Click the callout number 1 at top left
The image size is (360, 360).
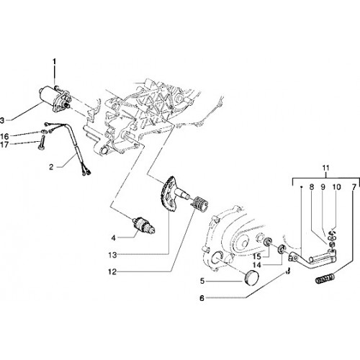54,62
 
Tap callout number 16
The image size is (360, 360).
4,137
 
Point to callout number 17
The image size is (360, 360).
4,145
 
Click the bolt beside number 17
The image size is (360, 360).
41,143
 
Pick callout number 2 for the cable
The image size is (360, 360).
51,167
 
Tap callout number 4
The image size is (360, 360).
113,238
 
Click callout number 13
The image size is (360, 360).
112,255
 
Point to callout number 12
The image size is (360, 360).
112,272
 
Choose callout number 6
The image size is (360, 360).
202,298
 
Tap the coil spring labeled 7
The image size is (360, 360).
325,279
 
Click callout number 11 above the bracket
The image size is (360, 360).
326,168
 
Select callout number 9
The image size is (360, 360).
323,187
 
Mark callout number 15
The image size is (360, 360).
256,256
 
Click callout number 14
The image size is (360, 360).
256,265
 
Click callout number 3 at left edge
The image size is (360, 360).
2,120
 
